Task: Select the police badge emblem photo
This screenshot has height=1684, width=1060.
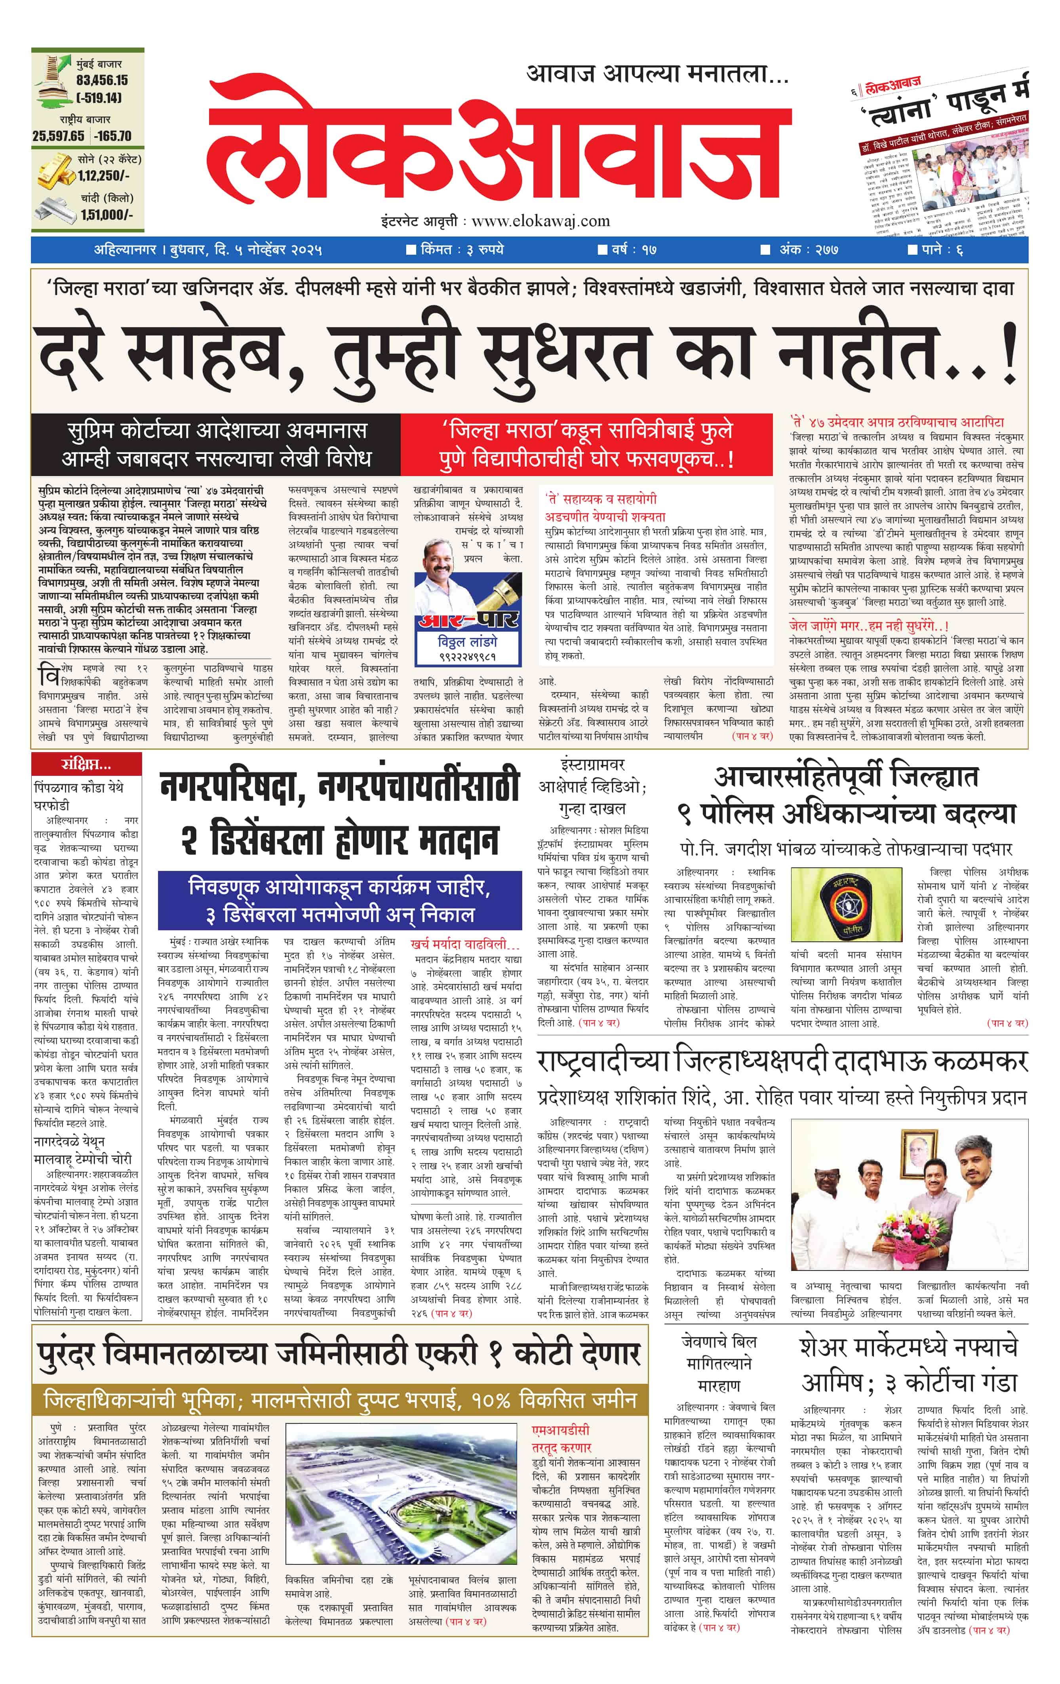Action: [845, 906]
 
